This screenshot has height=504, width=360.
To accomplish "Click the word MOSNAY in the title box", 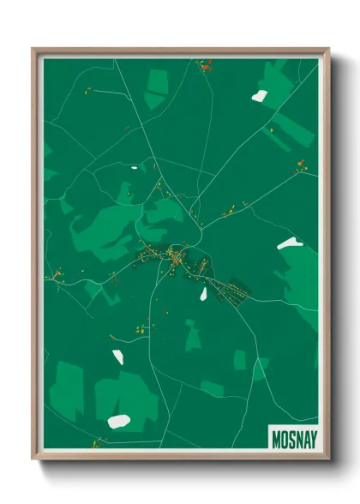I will click(x=294, y=440).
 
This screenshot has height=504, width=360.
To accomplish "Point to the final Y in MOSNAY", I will click(x=312, y=440).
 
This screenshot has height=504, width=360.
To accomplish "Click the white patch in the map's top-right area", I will click(x=259, y=96).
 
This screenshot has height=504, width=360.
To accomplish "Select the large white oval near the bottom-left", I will click(x=118, y=421).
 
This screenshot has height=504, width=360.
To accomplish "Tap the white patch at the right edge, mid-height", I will click(x=287, y=244).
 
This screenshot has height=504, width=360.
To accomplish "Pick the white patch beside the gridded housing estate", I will click(x=204, y=294).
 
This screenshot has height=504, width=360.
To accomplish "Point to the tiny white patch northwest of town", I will click(x=134, y=166).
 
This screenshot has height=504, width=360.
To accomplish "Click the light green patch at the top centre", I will click(x=156, y=87).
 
